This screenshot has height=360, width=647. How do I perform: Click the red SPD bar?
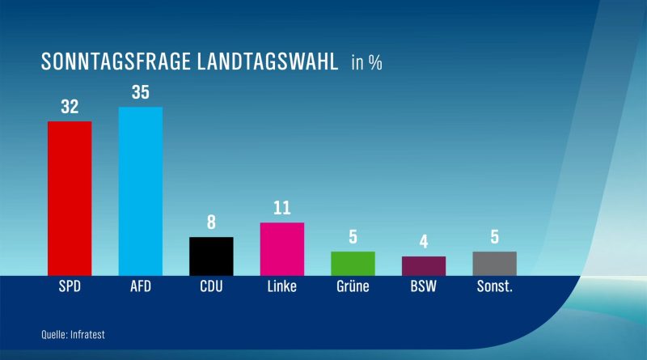pyautogui.click(x=70, y=198)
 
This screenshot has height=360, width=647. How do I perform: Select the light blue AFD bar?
pyautogui.click(x=140, y=192)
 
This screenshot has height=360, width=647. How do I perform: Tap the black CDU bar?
pyautogui.click(x=211, y=256)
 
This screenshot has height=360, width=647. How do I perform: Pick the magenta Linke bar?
pyautogui.click(x=282, y=249)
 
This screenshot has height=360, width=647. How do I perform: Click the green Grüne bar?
pyautogui.click(x=353, y=264)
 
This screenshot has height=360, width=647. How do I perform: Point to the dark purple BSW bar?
pyautogui.click(x=424, y=266)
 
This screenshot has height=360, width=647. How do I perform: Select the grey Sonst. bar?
pyautogui.click(x=494, y=264)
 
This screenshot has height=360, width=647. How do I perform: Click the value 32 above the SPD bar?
pyautogui.click(x=70, y=107)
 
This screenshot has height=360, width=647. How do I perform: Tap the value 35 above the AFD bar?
pyautogui.click(x=140, y=92)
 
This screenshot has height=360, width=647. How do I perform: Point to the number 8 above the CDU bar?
pyautogui.click(x=211, y=222)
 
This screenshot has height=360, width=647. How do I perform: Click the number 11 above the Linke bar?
pyautogui.click(x=282, y=208)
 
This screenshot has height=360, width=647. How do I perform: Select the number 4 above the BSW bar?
pyautogui.click(x=424, y=242)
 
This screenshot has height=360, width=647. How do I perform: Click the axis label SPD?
pyautogui.click(x=70, y=286)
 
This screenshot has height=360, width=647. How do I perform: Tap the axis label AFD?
pyautogui.click(x=141, y=286)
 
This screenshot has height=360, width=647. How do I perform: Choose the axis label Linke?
pyautogui.click(x=281, y=286)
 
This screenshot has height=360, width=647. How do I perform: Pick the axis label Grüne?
pyautogui.click(x=353, y=286)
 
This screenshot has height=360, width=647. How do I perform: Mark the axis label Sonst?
pyautogui.click(x=495, y=286)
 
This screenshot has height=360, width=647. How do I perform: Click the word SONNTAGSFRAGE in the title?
pyautogui.click(x=116, y=62)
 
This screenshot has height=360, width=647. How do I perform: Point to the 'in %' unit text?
pyautogui.click(x=367, y=63)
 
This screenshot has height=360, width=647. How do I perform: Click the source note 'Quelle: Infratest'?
pyautogui.click(x=73, y=334)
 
